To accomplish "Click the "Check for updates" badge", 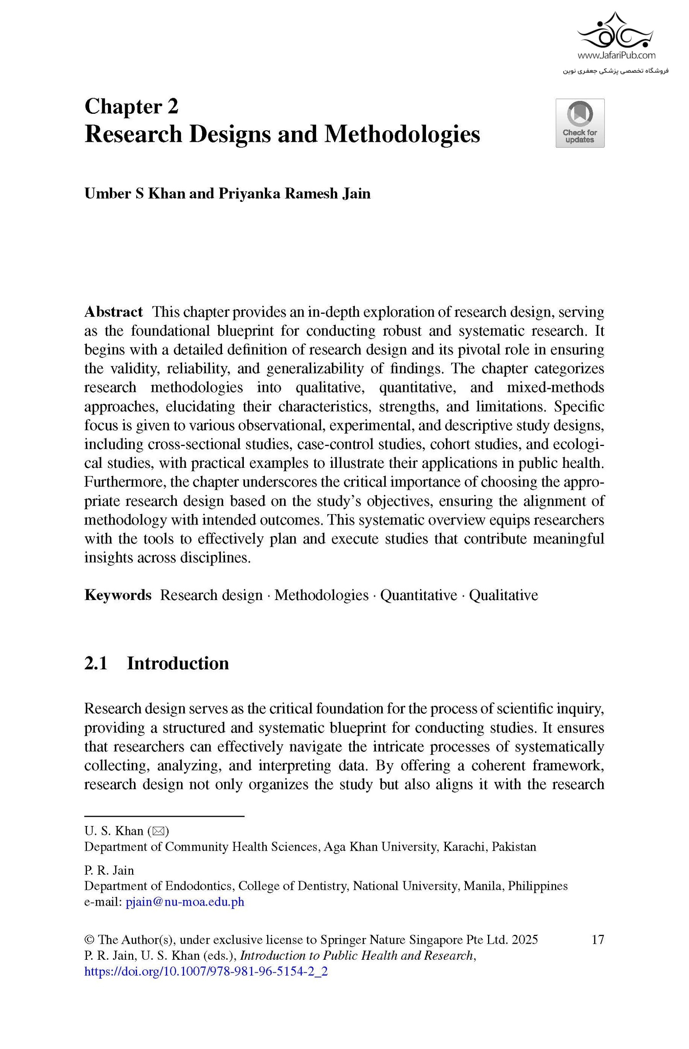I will (x=580, y=123).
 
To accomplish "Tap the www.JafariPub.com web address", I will (x=616, y=56).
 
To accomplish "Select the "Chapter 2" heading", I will (x=131, y=107).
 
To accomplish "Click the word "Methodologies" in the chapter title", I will (x=402, y=134).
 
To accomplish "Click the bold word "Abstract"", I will (x=114, y=312).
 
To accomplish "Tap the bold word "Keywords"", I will (x=118, y=595).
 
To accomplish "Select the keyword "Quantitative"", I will (x=418, y=595).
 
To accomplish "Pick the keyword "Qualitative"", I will (x=503, y=595).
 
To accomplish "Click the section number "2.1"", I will (x=96, y=663).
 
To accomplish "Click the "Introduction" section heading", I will (x=178, y=663).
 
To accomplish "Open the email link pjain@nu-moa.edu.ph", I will (x=185, y=902).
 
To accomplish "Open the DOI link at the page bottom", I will (x=206, y=972).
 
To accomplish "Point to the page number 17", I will (x=598, y=940).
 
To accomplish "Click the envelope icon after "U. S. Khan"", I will (x=158, y=831).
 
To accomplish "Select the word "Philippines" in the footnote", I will (x=537, y=886).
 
